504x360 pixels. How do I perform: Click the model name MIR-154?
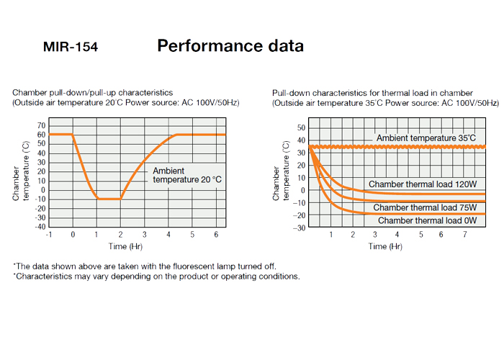[x=71, y=48]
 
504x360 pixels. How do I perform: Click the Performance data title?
[x=230, y=46]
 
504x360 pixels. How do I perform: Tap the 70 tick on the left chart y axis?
[x=41, y=125]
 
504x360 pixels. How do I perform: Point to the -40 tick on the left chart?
[x=40, y=226]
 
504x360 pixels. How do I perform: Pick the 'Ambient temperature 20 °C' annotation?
[x=186, y=175]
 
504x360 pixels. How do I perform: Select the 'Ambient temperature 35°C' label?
[x=426, y=138]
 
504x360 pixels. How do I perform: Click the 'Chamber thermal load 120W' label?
[x=423, y=184]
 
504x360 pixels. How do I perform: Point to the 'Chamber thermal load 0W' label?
[x=427, y=220]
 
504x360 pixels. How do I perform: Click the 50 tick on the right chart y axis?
[x=302, y=127]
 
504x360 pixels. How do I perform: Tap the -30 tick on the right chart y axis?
[x=300, y=227]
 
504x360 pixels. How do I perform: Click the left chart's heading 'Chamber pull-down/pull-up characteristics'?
[x=92, y=93]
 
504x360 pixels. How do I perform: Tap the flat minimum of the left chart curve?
[x=109, y=198]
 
